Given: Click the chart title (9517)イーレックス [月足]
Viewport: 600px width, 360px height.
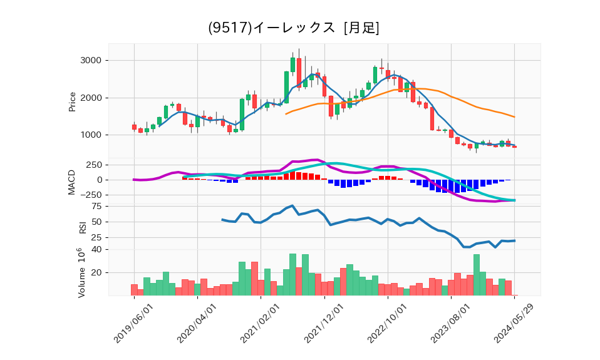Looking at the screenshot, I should coord(293,28).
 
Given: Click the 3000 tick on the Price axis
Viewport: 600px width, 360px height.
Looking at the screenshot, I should coord(91,61).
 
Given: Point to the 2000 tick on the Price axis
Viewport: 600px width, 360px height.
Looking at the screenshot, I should coord(91,98).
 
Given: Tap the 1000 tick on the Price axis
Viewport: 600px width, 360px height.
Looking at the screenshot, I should coord(91,135).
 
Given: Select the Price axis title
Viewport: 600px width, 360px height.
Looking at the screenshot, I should coord(73,102).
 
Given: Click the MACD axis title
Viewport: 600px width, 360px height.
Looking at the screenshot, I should coord(73,182).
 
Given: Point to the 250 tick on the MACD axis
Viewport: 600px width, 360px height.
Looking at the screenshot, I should coord(94,165).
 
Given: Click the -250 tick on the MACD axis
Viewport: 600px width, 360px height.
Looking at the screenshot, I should coord(92,195).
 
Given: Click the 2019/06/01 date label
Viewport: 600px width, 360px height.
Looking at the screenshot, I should coord(134,323).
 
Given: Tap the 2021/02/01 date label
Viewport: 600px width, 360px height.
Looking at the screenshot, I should coord(261,323).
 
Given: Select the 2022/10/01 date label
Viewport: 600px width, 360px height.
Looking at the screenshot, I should coord(388,323).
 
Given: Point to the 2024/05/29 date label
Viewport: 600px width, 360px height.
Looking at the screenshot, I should coord(515,323).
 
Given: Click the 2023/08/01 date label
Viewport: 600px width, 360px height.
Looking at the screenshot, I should coord(452,323).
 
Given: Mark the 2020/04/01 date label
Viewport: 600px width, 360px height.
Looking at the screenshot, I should coord(197,323).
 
